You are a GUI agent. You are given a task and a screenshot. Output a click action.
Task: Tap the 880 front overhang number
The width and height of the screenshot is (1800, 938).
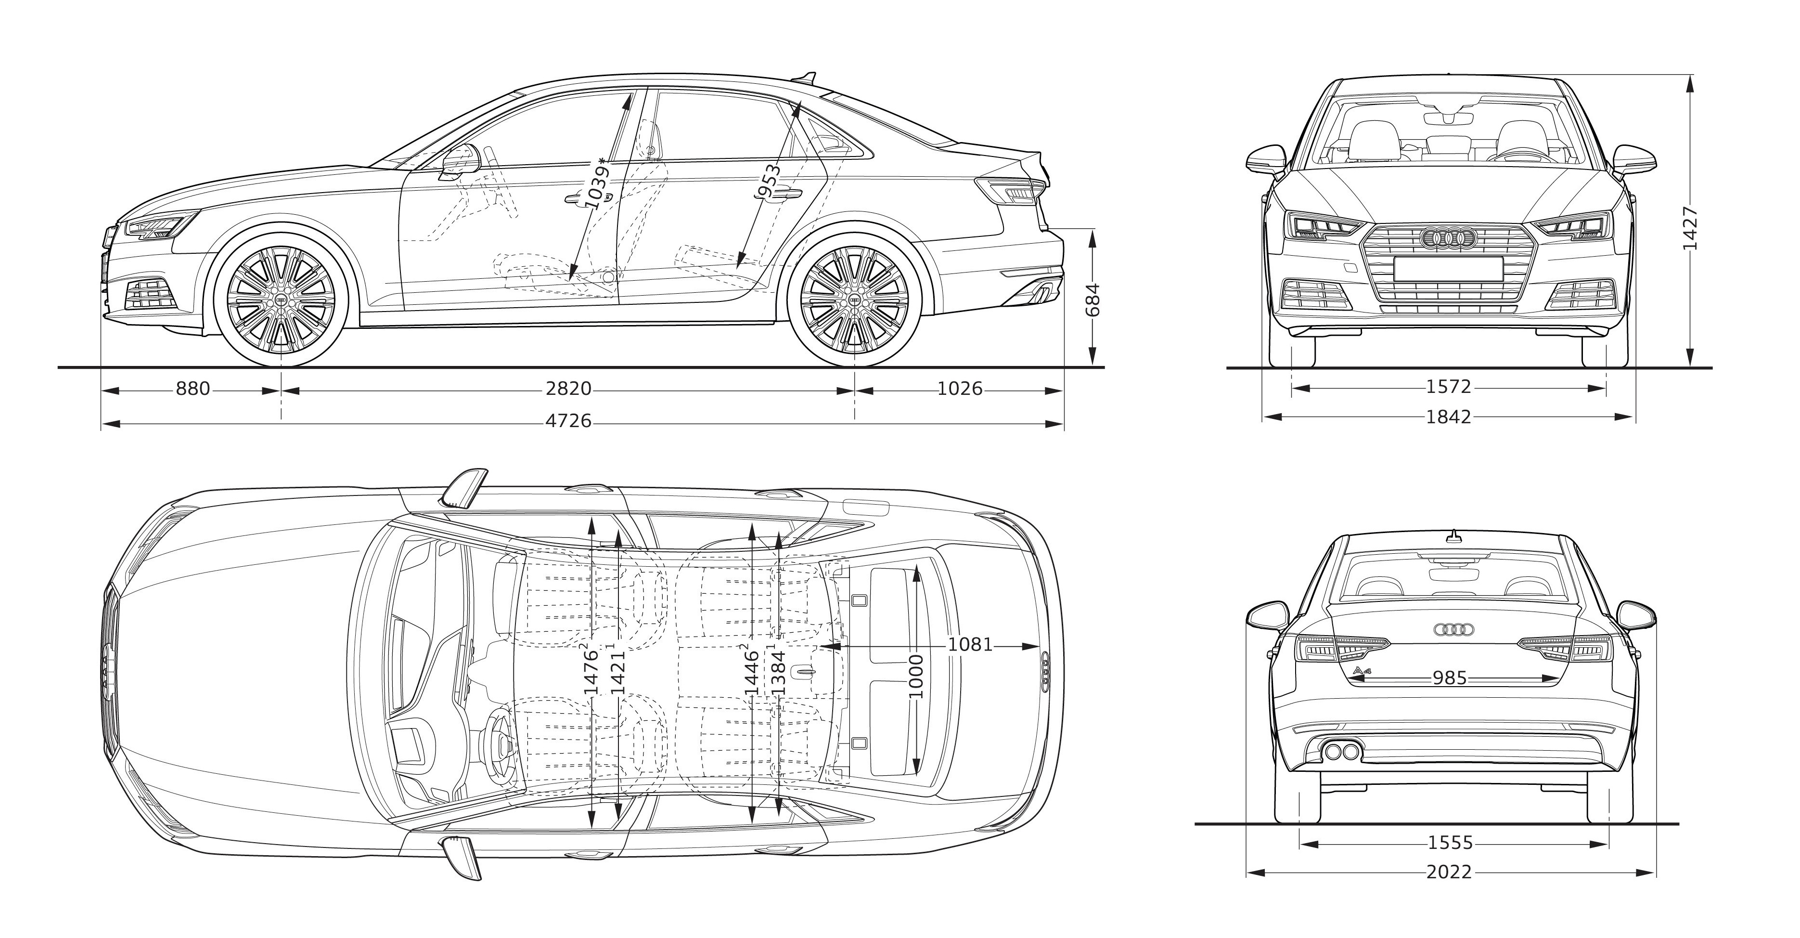pyautogui.click(x=193, y=389)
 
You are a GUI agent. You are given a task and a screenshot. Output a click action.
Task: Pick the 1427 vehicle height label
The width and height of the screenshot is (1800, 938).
pyautogui.click(x=1690, y=228)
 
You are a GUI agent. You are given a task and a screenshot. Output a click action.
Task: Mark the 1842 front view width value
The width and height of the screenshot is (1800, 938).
pyautogui.click(x=1449, y=417)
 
